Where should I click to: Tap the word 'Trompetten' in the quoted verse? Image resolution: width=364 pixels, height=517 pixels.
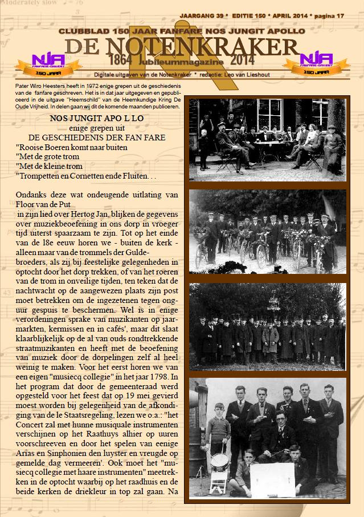41,176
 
